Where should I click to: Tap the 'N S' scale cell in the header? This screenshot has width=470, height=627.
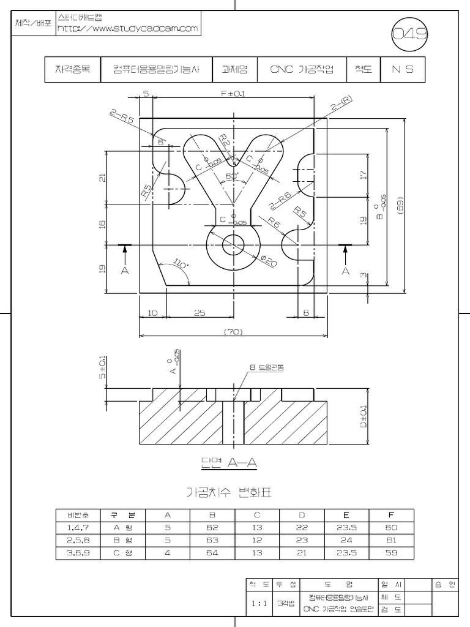click(402, 69)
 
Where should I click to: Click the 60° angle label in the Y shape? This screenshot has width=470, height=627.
click(233, 176)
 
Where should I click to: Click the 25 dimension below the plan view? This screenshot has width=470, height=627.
click(199, 313)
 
